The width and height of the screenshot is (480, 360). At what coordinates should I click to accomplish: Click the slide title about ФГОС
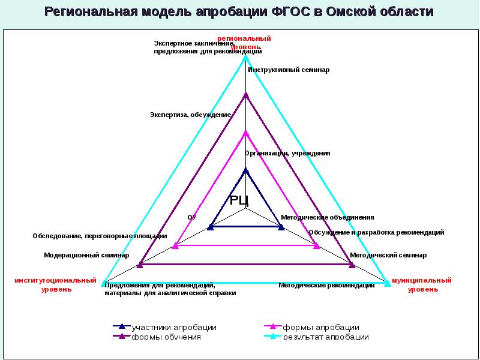pyautogui.click(x=239, y=13)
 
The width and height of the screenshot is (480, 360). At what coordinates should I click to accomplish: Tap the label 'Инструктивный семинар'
pyautogui.click(x=289, y=70)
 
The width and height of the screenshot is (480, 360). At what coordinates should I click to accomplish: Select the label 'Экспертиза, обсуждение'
pyautogui.click(x=190, y=115)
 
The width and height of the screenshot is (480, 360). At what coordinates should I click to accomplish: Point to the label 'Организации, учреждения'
pyautogui.click(x=287, y=153)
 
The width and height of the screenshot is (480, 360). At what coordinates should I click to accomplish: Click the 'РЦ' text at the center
pyautogui.click(x=239, y=200)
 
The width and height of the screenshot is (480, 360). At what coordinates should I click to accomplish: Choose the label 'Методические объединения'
pyautogui.click(x=328, y=217)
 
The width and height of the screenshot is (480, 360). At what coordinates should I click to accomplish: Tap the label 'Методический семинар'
pyautogui.click(x=388, y=255)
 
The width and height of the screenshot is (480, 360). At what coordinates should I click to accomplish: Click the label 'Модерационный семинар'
pyautogui.click(x=86, y=255)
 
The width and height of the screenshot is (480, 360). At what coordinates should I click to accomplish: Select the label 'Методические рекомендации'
pyautogui.click(x=326, y=286)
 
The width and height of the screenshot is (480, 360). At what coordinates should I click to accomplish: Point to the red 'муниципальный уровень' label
pyautogui.click(x=421, y=284)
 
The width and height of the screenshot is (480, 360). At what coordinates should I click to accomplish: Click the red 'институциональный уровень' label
pyautogui.click(x=56, y=284)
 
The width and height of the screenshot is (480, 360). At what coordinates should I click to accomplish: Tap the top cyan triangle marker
pyautogui.click(x=245, y=58)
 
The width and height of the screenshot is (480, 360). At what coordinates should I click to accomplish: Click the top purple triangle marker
pyautogui.click(x=245, y=95)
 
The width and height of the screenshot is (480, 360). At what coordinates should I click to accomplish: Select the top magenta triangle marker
pyautogui.click(x=245, y=133)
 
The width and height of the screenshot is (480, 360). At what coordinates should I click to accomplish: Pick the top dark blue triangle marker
pyautogui.click(x=245, y=170)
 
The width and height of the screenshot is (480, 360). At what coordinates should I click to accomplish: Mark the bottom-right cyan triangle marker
pyautogui.click(x=387, y=283)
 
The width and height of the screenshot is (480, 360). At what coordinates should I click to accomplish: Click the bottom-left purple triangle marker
pyautogui.click(x=140, y=263)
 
